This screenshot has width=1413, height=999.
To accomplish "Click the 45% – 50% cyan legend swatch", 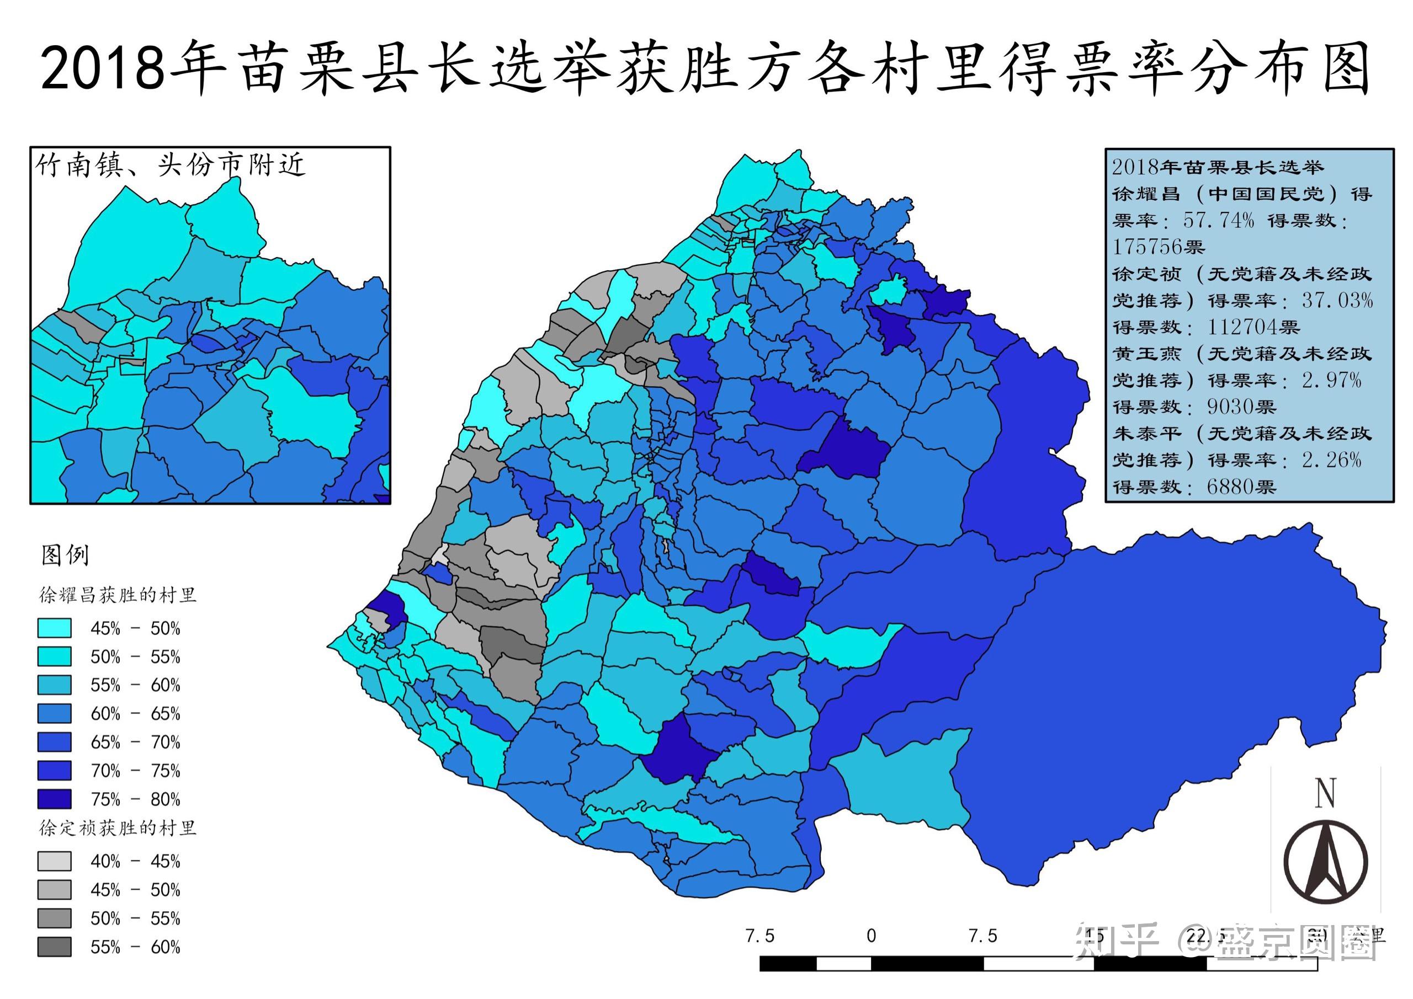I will point(54,628).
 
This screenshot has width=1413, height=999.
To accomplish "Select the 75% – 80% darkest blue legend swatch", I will point(54,799).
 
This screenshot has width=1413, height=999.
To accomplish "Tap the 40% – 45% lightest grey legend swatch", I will point(54,861).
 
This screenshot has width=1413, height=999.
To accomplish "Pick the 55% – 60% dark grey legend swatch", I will point(54,947).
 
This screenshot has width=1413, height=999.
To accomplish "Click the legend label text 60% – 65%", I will point(135,714).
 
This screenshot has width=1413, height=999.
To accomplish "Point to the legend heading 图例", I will point(65,555).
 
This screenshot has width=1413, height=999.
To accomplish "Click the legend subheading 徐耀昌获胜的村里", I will point(118,595).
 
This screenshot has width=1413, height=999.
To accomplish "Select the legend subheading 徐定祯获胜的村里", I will point(118,828).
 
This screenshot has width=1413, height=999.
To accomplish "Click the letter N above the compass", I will point(1325,794).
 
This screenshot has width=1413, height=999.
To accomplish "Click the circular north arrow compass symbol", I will point(1326,861).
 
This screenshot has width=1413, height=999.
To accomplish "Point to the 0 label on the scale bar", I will point(871,936).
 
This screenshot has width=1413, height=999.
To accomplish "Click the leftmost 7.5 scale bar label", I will point(759,936).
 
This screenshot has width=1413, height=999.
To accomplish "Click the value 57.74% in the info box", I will point(1218,220).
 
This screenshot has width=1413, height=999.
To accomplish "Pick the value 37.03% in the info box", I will point(1337,300).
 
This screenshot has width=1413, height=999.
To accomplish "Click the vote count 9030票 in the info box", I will point(1241,407).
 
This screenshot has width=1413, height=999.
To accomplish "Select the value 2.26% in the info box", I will point(1331,460).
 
